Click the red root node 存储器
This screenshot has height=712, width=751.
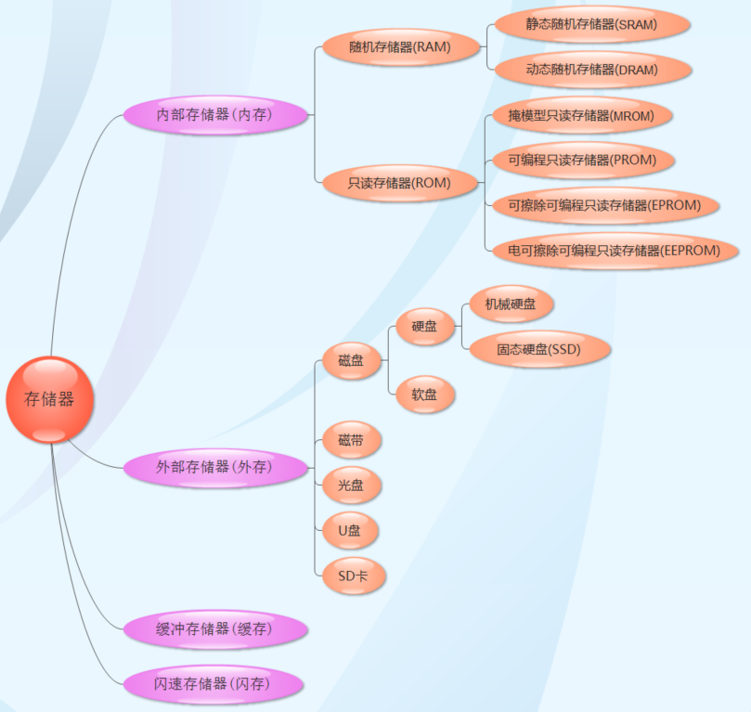[49, 400]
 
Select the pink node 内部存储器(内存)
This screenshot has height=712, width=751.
[214, 115]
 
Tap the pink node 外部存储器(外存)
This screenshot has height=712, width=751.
[214, 467]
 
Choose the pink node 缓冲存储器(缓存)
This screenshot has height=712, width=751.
[214, 629]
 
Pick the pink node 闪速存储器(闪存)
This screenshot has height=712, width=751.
[214, 684]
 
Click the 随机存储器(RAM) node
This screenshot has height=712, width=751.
[400, 46]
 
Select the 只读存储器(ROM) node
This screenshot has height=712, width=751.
[400, 183]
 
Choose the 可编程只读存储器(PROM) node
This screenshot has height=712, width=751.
[581, 160]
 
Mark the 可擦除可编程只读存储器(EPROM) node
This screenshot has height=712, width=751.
[603, 204]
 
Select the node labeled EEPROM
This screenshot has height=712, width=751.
[614, 251]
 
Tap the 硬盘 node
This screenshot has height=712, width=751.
[424, 326]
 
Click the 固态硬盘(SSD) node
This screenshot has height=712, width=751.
[537, 350]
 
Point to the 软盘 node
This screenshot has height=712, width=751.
[424, 395]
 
